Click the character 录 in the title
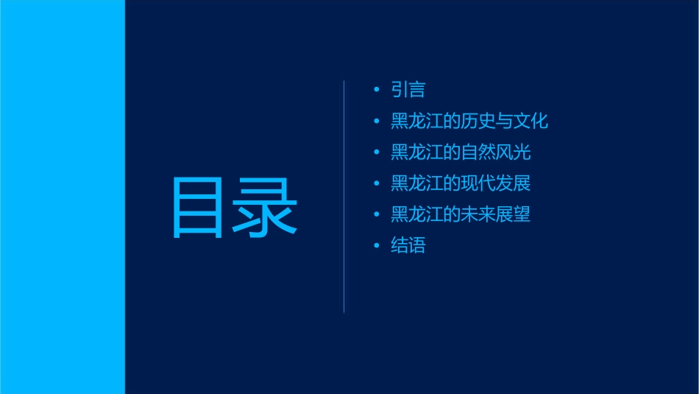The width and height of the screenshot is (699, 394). click(x=266, y=208)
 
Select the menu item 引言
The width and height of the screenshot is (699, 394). click(x=408, y=90)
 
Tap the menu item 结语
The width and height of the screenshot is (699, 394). click(x=408, y=245)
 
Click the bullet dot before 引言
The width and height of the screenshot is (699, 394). click(x=376, y=90)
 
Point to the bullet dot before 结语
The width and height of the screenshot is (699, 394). click(x=376, y=245)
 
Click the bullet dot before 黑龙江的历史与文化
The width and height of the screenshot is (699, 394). click(x=376, y=121)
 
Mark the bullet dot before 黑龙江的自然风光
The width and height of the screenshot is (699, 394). click(x=376, y=152)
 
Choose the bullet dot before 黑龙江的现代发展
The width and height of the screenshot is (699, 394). click(x=376, y=183)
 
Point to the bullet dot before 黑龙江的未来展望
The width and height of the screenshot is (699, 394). click(x=376, y=214)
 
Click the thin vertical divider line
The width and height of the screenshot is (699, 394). click(x=344, y=196)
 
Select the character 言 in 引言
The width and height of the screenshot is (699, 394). click(x=416, y=90)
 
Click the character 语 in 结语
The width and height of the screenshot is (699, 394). click(x=416, y=245)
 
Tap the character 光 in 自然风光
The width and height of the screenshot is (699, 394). click(x=522, y=152)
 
